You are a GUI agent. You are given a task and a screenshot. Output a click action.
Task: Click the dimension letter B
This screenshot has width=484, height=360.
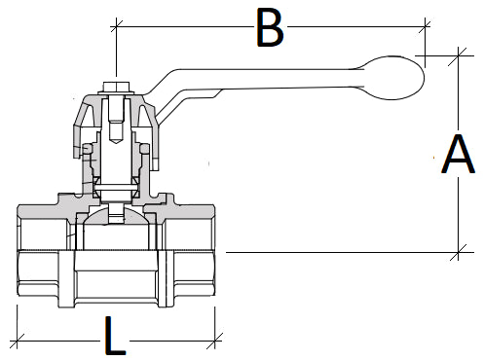tap(269, 28)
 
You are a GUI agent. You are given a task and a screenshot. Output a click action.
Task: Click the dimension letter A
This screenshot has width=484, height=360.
tap(457, 155)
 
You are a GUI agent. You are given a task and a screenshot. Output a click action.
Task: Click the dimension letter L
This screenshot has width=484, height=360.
tap(115, 338)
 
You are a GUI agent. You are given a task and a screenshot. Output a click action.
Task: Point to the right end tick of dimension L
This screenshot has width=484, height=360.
tap(216, 341)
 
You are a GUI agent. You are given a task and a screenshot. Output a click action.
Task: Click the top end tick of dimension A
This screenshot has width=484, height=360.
tap(459, 54)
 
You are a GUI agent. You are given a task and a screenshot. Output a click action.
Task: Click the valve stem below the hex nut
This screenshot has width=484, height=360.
tap(115, 146)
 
